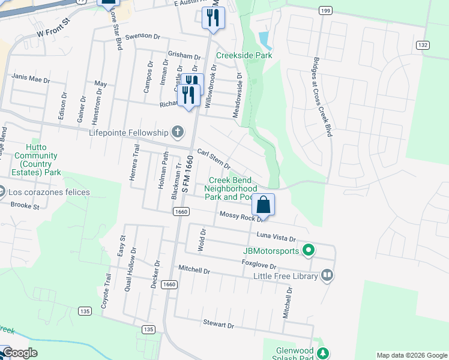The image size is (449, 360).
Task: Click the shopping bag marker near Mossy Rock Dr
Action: click(264, 205)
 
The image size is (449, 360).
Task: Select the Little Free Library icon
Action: click(327, 275)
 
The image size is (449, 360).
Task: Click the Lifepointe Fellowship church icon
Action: click(177, 131)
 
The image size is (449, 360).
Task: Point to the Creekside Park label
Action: click(244, 56)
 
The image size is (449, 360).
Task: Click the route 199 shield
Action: click(325, 11)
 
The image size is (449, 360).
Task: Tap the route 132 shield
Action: click(423, 45)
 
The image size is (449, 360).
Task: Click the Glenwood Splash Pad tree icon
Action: click(324, 352)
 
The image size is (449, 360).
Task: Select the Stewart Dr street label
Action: click(218, 324)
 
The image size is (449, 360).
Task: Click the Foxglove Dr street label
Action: click(259, 265)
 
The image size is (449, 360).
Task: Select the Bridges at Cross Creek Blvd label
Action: click(322, 97)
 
